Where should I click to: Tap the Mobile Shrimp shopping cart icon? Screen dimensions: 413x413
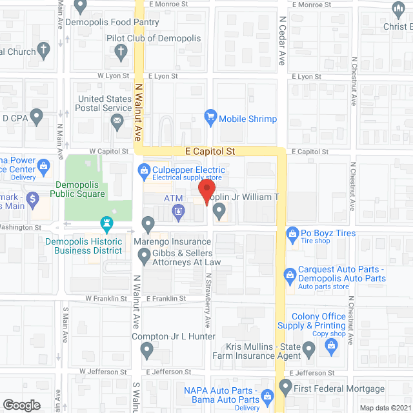pos(210,118)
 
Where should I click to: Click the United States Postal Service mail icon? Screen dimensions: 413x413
pos(117,120)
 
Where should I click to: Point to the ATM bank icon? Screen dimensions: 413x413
pos(178,211)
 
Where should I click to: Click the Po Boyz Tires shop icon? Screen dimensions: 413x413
pos(292,232)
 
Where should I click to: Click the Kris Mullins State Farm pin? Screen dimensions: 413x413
pos(309,350)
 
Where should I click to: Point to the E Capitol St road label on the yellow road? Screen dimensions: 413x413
pos(209,151)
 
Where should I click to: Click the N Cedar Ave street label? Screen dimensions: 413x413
pos(282,41)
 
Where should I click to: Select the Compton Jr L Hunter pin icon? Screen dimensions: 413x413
pos(146,351)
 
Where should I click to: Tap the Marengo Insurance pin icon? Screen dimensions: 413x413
pos(148,225)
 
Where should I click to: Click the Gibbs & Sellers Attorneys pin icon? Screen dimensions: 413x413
pos(144,257)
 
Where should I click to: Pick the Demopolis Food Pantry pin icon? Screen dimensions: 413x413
pos(80,7)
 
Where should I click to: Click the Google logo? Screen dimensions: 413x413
pos(21,405)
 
